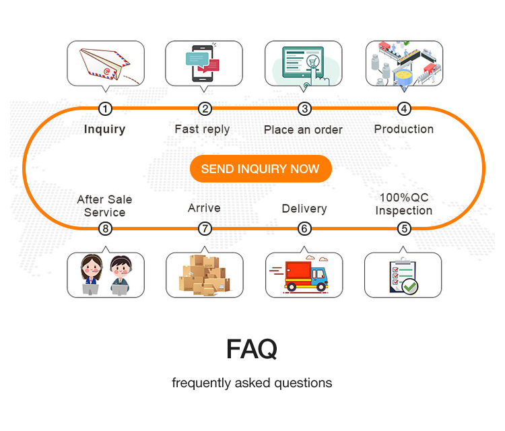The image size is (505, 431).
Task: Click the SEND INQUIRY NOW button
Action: pyautogui.click(x=260, y=168)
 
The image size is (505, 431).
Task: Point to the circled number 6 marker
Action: pyautogui.click(x=305, y=229)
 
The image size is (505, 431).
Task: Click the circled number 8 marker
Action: pyautogui.click(x=105, y=229)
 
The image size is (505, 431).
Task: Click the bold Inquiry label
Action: pyautogui.click(x=104, y=129)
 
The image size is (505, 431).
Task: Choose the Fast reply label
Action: pyautogui.click(x=202, y=129)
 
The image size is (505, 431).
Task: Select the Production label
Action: pyautogui.click(x=404, y=129)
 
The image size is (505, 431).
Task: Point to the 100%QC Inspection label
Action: pyautogui.click(x=404, y=205)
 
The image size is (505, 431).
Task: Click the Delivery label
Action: pyautogui.click(x=304, y=209)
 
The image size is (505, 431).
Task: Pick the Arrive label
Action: pyautogui.click(x=204, y=208)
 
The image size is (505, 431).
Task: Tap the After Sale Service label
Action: pyautogui.click(x=104, y=206)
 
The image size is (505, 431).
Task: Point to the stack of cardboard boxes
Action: pyautogui.click(x=203, y=275)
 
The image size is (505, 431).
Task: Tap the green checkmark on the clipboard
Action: pyautogui.click(x=410, y=286)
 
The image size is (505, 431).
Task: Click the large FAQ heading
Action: pyautogui.click(x=252, y=349)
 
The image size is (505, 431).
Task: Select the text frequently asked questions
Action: pyautogui.click(x=252, y=383)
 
